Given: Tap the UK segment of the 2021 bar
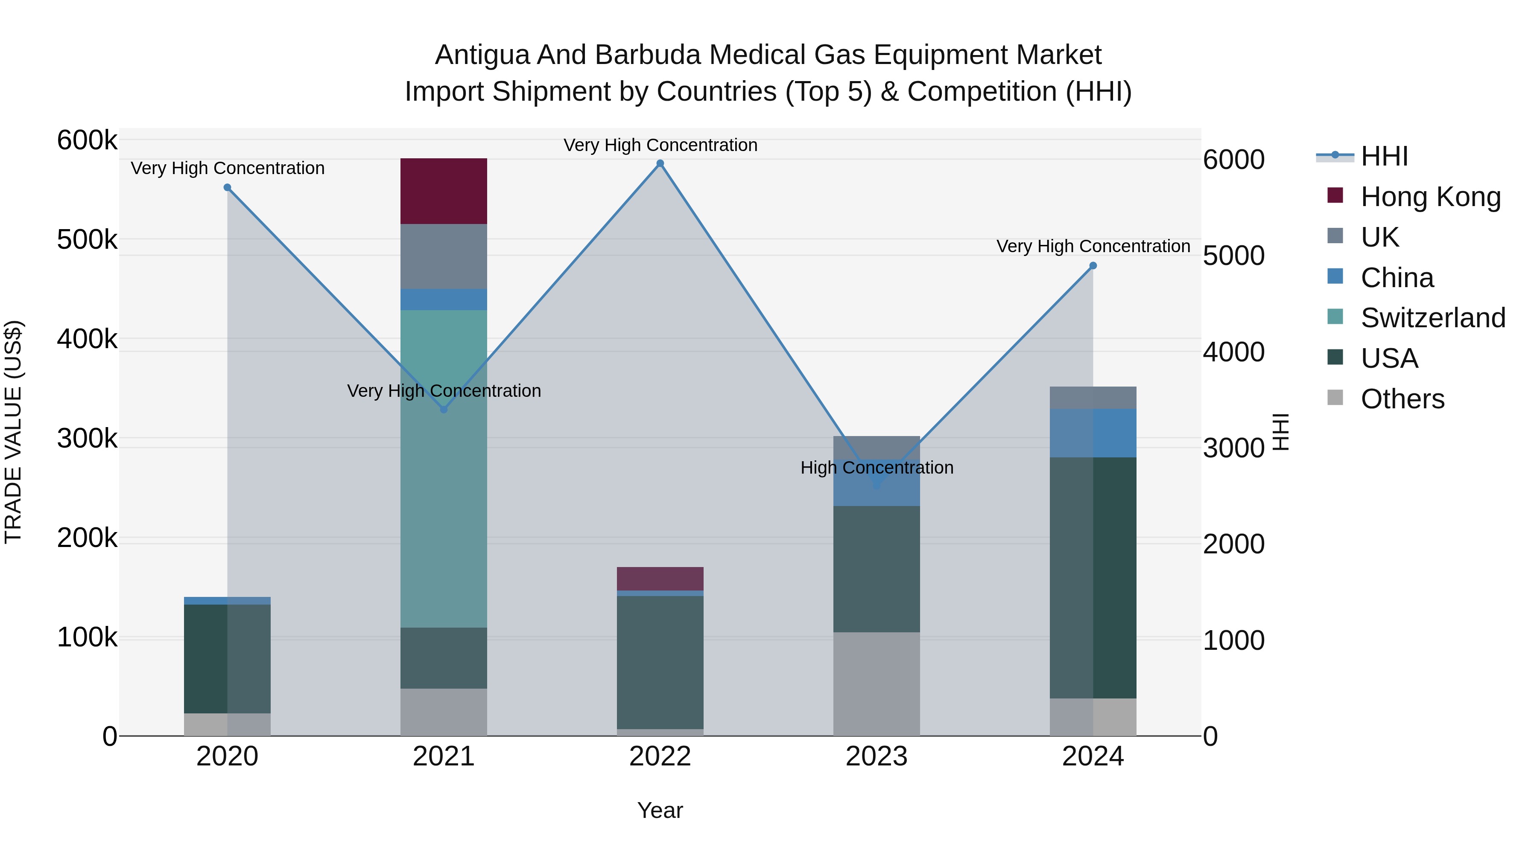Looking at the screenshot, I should click(443, 256).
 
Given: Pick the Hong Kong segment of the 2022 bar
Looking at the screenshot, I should click(660, 579).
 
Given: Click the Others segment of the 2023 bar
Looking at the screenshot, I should click(876, 684).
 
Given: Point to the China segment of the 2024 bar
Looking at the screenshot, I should click(1093, 433).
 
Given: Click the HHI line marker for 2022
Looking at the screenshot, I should click(660, 163).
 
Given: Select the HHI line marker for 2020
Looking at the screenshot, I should click(227, 187).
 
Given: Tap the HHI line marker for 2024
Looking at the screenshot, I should click(1093, 266).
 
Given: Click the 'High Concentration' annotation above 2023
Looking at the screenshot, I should click(877, 468).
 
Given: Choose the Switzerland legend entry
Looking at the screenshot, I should click(1432, 318).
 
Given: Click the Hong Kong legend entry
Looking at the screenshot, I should click(1429, 197).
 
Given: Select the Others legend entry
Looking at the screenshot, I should click(1402, 399).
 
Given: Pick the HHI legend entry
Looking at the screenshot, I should click(1384, 156).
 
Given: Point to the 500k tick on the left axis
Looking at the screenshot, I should click(87, 240).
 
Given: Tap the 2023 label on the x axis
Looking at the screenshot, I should click(876, 756).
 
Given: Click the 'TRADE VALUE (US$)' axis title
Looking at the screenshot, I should click(13, 432).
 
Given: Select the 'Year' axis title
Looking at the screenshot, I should click(660, 810).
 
